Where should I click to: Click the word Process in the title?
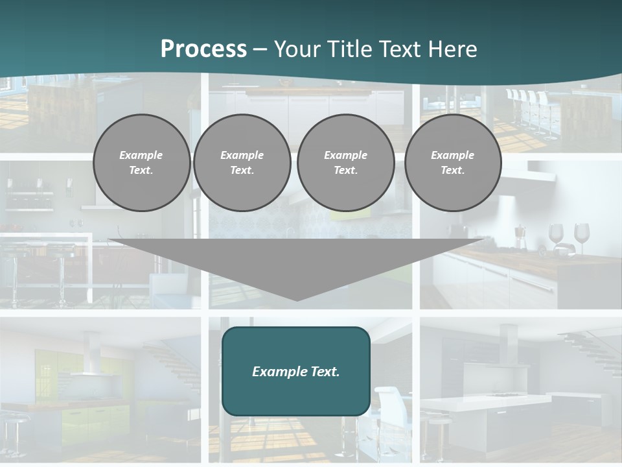click(x=203, y=49)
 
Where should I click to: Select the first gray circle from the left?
click(x=141, y=163)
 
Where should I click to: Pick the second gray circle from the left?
click(x=242, y=163)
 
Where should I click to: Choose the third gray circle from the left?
click(x=345, y=163)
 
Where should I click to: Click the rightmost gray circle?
click(x=452, y=163)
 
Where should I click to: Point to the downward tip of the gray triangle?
click(x=297, y=300)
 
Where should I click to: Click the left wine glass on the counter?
click(x=556, y=235)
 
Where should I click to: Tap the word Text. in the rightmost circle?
click(x=452, y=171)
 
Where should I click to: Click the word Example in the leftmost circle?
click(x=141, y=155)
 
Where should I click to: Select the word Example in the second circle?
click(x=242, y=155)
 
